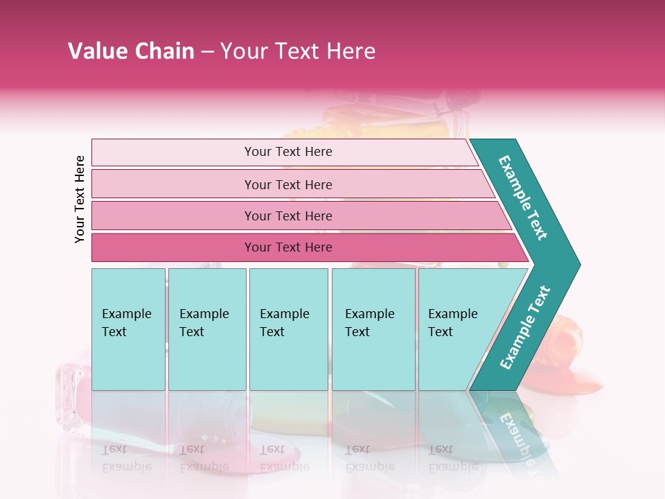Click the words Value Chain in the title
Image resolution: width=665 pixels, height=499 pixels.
coord(131,51)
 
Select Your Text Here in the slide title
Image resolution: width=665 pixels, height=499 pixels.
coord(298,51)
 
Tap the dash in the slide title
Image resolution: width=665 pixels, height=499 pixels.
coord(207,52)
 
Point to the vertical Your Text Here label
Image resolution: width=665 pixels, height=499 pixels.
coord(80,199)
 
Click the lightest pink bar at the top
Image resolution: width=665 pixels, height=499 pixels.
coord(284,152)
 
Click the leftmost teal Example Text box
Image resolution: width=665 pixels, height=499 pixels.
coord(128,329)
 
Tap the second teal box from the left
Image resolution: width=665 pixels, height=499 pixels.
coord(207,329)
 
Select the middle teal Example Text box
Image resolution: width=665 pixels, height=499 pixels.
coord(288,329)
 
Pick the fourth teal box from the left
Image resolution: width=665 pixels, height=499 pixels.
coord(373,329)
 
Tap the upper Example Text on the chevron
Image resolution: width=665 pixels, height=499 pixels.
coord(523,198)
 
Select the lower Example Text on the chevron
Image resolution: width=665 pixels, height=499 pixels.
coord(525,327)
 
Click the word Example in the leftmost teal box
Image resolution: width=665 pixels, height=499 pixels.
coord(126,314)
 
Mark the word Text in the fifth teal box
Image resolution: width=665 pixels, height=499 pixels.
coord(441,332)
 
